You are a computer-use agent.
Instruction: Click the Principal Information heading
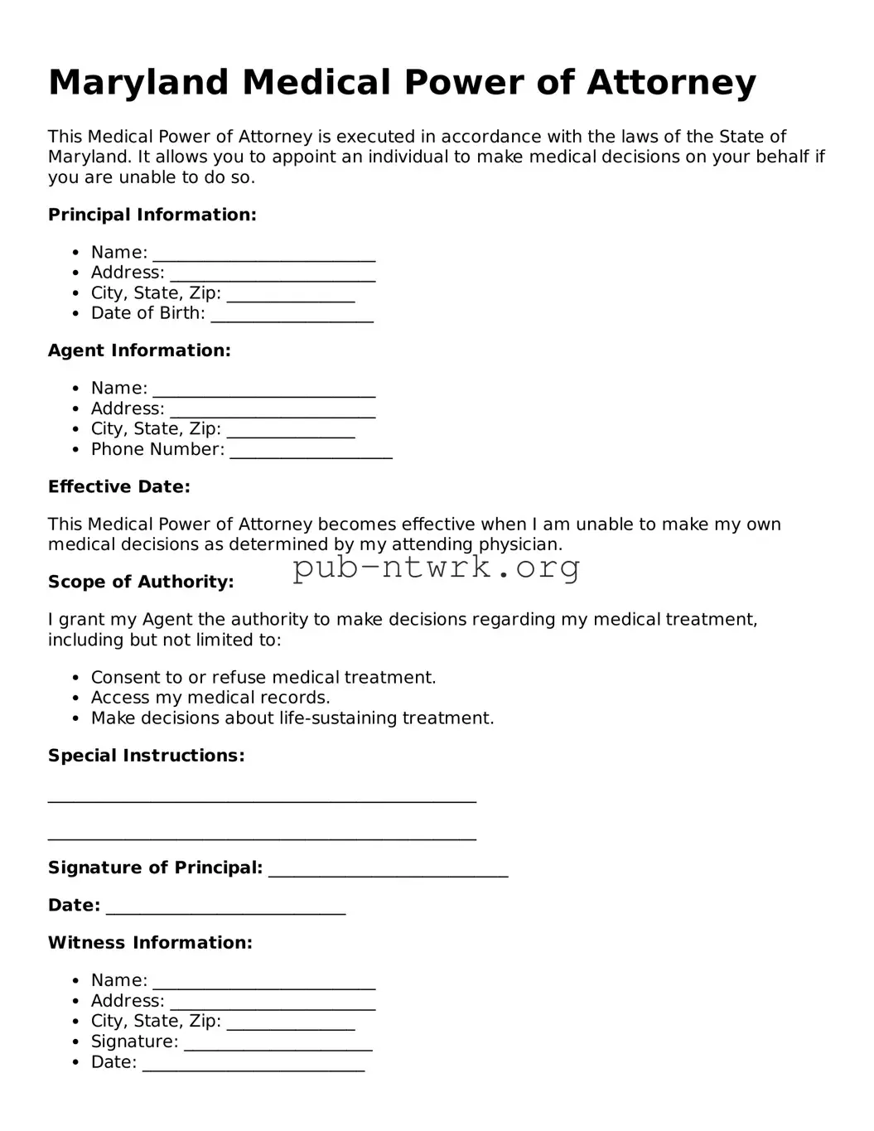tap(152, 215)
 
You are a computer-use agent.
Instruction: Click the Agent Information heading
tap(139, 350)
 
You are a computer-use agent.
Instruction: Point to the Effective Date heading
tap(118, 486)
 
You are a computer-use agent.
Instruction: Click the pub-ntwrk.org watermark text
tap(436, 568)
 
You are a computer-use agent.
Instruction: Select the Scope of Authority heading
tap(141, 582)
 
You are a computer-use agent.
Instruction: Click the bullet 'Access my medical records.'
tap(210, 698)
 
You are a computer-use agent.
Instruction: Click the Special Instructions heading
tap(146, 756)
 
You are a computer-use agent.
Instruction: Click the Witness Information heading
tap(150, 942)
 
